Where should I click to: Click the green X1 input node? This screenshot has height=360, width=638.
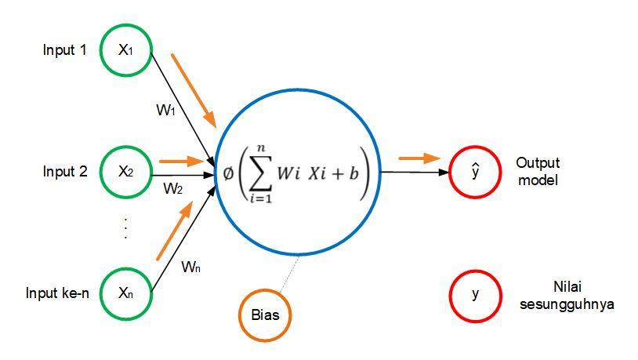coord(125,50)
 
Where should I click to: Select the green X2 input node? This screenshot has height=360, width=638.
coord(125,171)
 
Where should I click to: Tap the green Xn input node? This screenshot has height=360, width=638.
coord(125,293)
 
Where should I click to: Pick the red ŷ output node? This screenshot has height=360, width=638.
coord(475,171)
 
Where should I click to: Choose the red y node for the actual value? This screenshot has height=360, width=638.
coord(475,294)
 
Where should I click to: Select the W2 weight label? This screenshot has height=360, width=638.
coord(172,188)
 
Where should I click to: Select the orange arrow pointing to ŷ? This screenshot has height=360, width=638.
coord(419,158)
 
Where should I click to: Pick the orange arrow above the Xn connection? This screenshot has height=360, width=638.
coord(175,231)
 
